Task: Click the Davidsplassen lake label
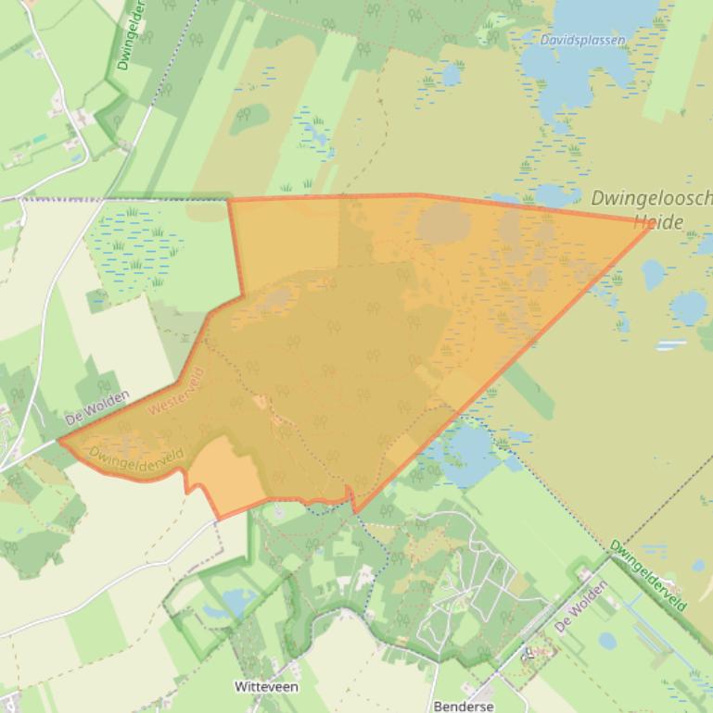582,40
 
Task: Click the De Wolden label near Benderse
582,607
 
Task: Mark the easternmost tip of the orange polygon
654,223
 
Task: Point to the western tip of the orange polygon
61,441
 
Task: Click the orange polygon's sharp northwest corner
229,200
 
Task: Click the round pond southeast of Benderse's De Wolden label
608,640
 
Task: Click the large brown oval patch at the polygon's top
443,222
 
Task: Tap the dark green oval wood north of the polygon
250,118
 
